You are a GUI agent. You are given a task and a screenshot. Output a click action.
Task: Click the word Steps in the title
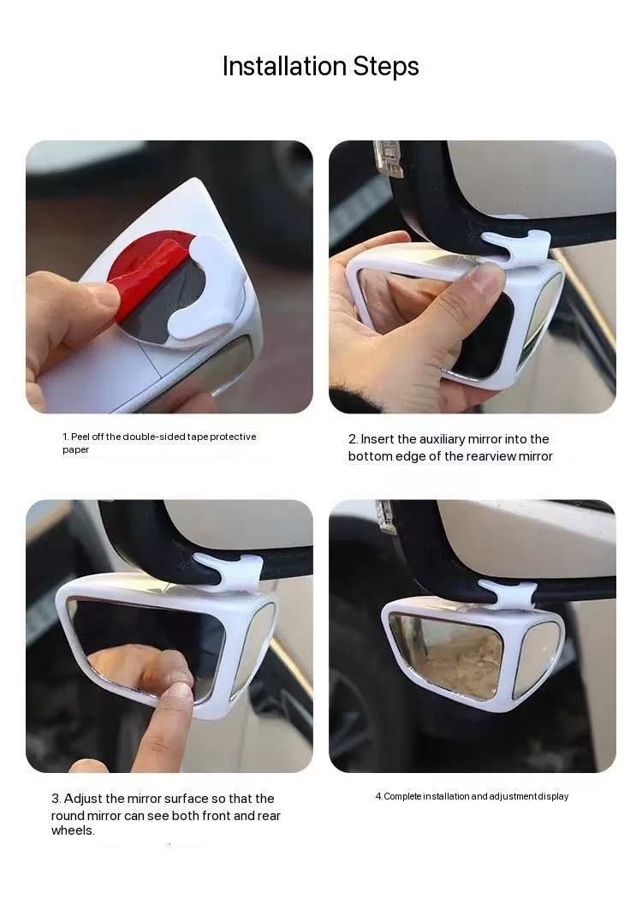[x=386, y=67]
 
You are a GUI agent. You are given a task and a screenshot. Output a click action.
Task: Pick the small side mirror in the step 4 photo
[x=537, y=658]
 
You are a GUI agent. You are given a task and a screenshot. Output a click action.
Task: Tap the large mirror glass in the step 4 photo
[x=448, y=655]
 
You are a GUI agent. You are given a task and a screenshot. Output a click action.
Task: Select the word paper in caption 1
[x=75, y=450]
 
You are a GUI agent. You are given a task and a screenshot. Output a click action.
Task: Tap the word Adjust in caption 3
[x=83, y=799]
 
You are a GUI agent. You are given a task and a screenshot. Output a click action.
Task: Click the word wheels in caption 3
[x=73, y=830]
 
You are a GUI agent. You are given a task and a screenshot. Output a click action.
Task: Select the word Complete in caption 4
[x=402, y=797]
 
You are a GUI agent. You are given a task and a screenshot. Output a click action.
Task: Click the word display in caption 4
[x=553, y=797]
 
